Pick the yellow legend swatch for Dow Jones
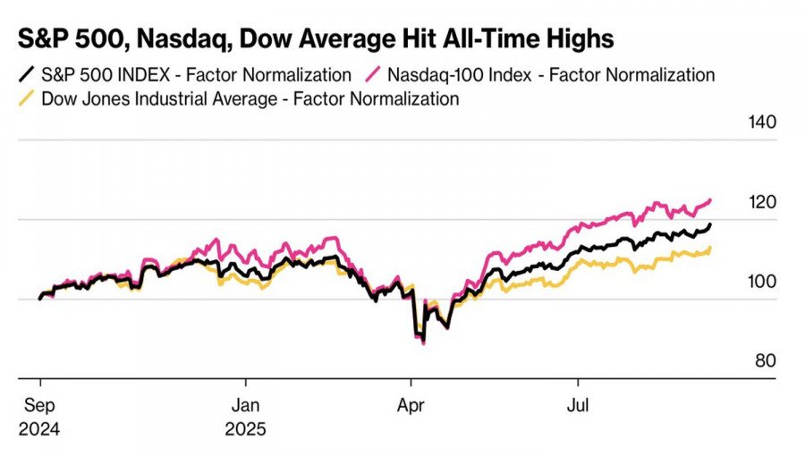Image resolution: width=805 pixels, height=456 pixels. pos(26,98)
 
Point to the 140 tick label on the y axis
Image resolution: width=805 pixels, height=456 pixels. pos(761,123)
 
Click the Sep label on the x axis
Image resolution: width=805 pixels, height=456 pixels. pos(39,405)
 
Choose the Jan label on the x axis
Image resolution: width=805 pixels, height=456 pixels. pos(246,405)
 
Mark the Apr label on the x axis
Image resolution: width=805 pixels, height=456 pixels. pos(411,405)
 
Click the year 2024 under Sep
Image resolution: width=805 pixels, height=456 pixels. pos(39,429)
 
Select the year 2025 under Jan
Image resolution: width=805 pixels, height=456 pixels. pos(246,429)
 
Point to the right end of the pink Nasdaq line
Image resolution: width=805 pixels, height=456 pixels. pos(712,199)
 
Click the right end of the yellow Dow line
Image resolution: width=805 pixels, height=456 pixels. pos(711,248)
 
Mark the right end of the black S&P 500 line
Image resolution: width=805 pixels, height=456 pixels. pos(712,224)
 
